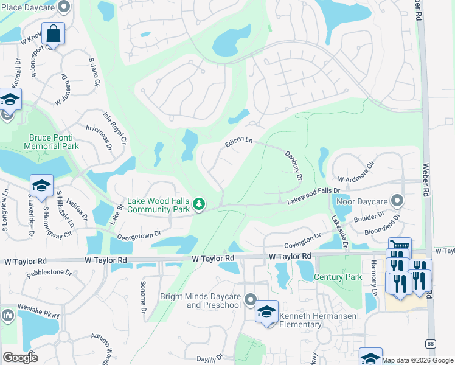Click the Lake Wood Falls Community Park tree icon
[198, 204]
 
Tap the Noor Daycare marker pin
[397, 200]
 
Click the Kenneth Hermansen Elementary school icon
[266, 311]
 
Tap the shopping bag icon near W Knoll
[54, 34]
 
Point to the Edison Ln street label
[238, 142]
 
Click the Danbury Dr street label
[294, 165]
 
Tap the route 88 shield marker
[430, 343]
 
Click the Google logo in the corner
[20, 357]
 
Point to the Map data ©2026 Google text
[417, 360]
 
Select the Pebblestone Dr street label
[53, 273]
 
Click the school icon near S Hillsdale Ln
[41, 186]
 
